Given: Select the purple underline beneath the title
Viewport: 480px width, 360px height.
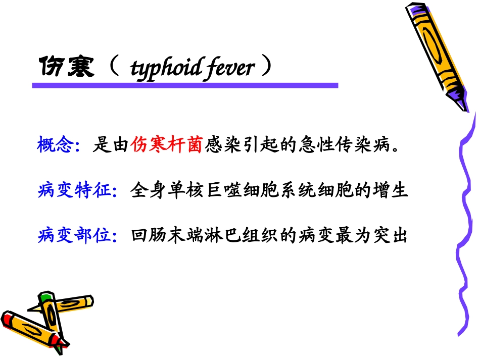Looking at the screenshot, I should point(185,86).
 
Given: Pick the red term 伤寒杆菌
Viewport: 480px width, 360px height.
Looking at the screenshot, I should point(166,145).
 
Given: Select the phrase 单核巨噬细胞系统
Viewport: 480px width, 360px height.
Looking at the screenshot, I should point(232,191).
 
